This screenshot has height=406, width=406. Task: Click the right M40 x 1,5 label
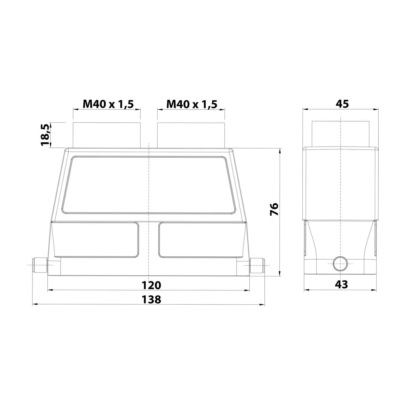(x=192, y=104)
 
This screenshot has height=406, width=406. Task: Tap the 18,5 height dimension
(x=45, y=135)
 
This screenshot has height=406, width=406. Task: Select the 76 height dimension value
(x=274, y=209)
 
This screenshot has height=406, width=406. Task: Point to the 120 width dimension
(x=152, y=285)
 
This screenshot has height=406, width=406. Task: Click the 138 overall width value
(x=152, y=299)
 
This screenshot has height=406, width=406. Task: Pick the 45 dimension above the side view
(x=342, y=104)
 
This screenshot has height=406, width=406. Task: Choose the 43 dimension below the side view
(x=342, y=284)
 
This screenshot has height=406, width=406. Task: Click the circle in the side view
(x=340, y=264)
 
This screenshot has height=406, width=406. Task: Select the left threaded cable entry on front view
(x=107, y=135)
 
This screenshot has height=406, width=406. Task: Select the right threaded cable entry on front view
(x=191, y=135)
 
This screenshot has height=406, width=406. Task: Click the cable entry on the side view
(x=340, y=134)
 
